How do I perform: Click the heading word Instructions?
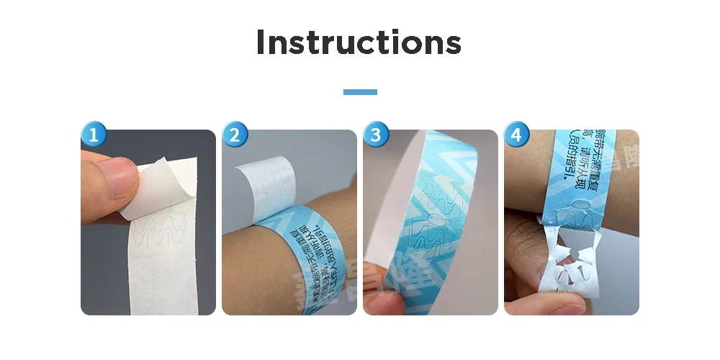coord(359,42)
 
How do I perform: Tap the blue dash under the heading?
coord(360,92)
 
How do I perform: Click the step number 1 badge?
coord(94,134)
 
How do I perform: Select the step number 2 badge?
coord(235,134)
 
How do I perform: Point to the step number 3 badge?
coord(377,134)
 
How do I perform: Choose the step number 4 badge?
coord(518,134)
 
